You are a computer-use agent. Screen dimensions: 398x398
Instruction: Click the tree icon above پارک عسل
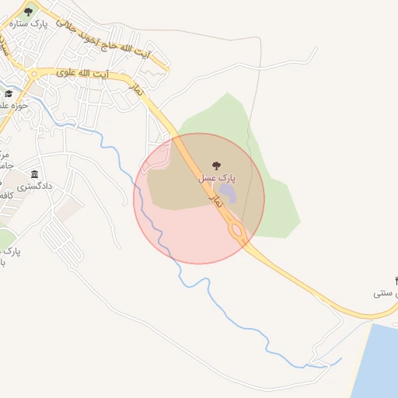click(x=216, y=165)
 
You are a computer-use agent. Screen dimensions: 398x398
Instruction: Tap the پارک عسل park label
click(x=217, y=178)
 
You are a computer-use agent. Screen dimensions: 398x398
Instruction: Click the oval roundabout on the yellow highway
click(x=236, y=230)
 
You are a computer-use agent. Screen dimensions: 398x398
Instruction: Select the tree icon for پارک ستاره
click(x=29, y=12)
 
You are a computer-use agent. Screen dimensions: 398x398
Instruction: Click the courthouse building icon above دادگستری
click(x=35, y=174)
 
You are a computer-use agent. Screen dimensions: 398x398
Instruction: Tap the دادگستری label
click(x=35, y=187)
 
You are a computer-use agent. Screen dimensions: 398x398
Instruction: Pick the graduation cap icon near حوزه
click(x=9, y=94)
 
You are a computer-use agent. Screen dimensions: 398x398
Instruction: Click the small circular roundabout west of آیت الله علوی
click(x=33, y=73)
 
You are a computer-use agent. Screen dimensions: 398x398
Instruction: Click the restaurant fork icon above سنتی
click(x=396, y=280)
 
